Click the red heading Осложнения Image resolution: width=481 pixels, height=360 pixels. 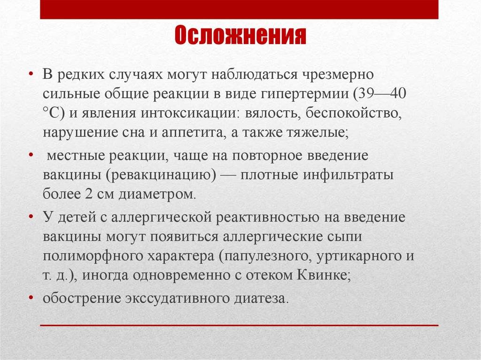[x=240, y=35]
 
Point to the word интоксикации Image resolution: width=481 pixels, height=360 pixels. [x=190, y=113]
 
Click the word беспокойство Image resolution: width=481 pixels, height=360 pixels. [x=354, y=113]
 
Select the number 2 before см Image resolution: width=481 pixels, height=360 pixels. [x=89, y=194]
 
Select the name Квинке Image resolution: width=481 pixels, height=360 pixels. [x=324, y=275]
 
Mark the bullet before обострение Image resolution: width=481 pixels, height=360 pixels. [x=31, y=298]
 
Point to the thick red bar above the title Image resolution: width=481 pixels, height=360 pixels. [x=239, y=9]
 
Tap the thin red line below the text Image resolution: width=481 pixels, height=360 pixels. [x=239, y=325]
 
